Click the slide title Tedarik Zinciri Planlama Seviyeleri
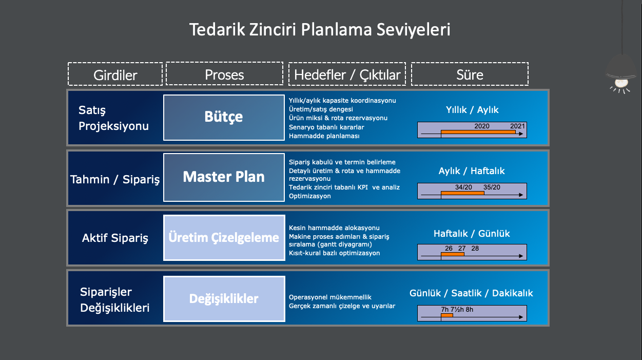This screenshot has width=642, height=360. pos(320,29)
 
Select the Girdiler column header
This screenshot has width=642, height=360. pos(115,75)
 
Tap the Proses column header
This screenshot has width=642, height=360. pos(224,74)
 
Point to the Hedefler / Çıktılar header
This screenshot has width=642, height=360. pos(347,75)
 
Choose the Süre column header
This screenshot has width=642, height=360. pos(470,74)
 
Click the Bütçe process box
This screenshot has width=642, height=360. pos(224,117)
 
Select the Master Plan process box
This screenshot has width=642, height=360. pos(224,177)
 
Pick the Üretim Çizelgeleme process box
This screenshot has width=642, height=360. pos(224,237)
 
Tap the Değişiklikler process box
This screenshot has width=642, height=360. pos(224,298)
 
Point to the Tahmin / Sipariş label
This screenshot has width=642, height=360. pos(115,179)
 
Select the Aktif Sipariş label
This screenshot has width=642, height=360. pos(115,238)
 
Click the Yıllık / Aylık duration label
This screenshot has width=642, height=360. pos(472,110)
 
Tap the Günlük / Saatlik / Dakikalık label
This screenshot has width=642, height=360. pos(471,293)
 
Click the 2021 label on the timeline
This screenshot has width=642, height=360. pos(517,126)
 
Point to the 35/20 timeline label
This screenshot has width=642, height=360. pos(492,187)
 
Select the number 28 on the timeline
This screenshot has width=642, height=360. pos(475,249)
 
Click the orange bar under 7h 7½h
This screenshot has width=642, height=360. pos(447,315)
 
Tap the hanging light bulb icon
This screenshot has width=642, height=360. pos(621,77)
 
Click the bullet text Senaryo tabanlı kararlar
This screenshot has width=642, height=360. pos(326,127)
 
